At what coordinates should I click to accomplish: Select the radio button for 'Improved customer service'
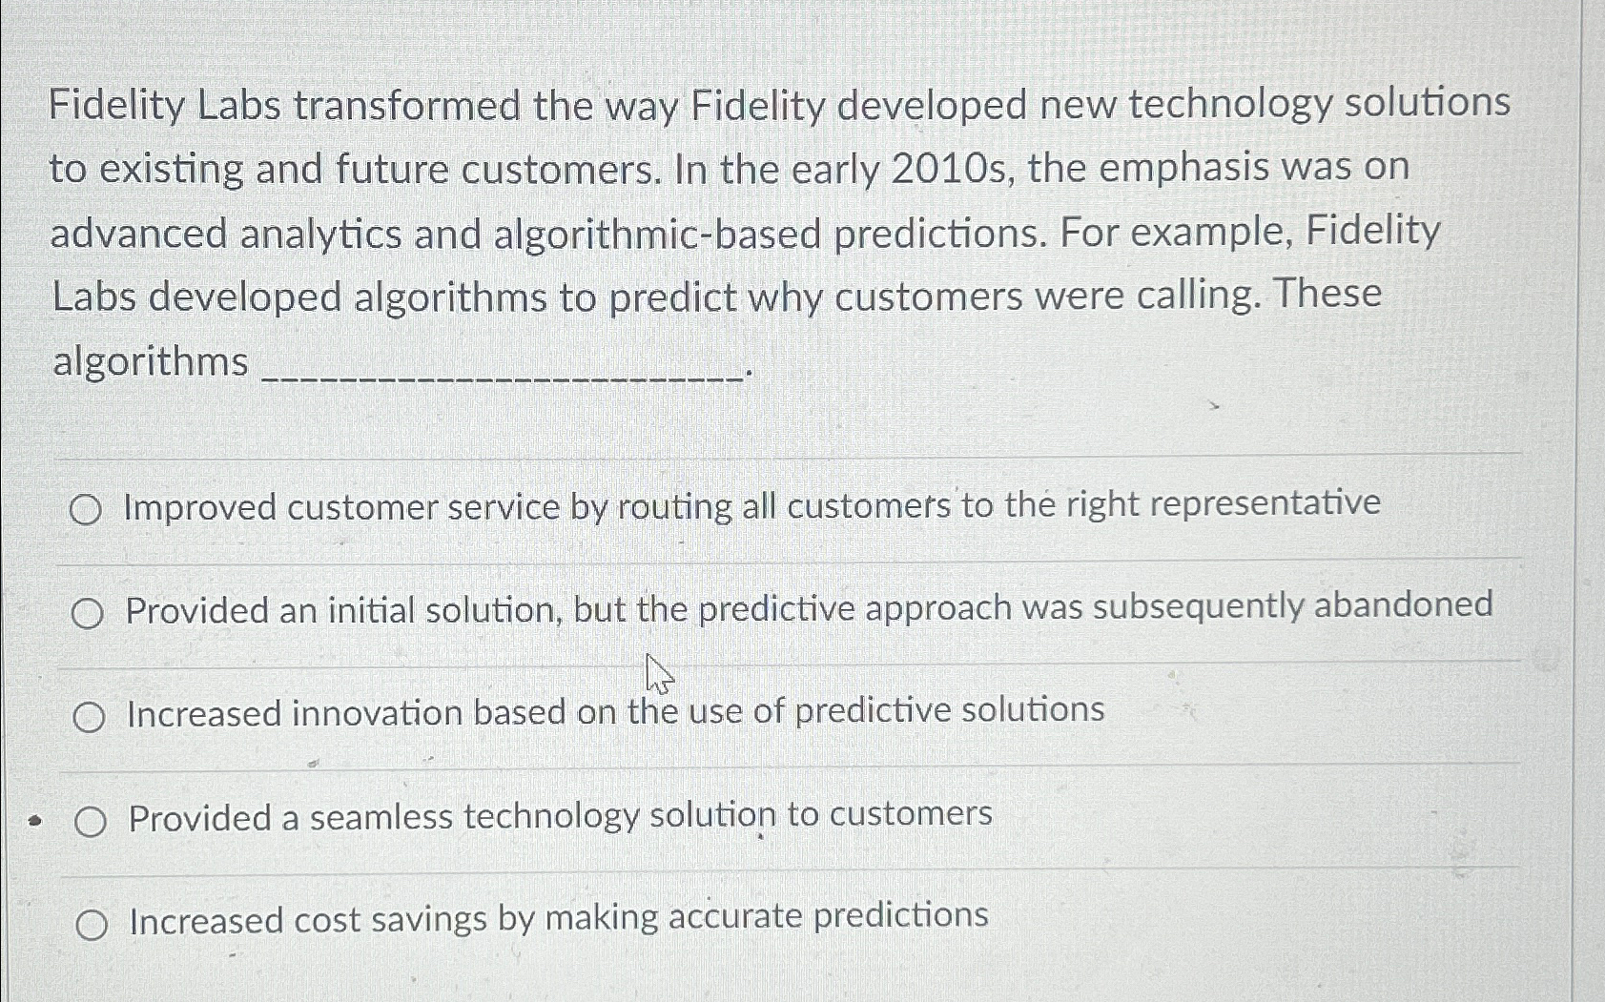pyautogui.click(x=85, y=512)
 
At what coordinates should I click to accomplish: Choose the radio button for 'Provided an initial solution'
pyautogui.click(x=87, y=615)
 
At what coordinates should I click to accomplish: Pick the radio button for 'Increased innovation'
pyautogui.click(x=89, y=718)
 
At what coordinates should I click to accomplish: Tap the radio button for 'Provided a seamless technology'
pyautogui.click(x=91, y=822)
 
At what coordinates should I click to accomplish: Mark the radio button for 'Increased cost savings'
pyautogui.click(x=92, y=924)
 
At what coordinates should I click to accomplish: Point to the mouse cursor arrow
pyautogui.click(x=657, y=673)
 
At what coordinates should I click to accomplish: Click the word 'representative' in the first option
pyautogui.click(x=1271, y=502)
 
